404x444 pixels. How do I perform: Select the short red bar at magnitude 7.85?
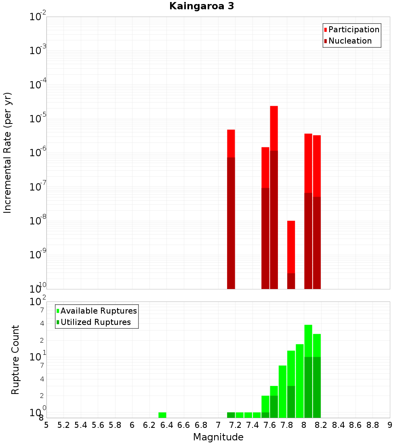[x=291, y=247]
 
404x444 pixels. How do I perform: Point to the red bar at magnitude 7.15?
[x=231, y=143]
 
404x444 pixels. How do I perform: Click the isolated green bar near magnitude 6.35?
[x=162, y=415]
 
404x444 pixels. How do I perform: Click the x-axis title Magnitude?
[x=218, y=437]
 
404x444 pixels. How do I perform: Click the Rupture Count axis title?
[x=15, y=360]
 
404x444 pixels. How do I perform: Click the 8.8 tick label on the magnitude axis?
[x=372, y=425]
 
